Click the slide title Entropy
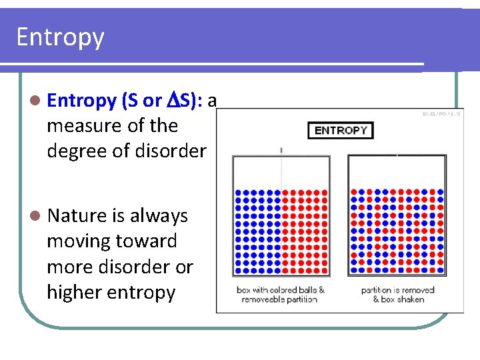(x=60, y=37)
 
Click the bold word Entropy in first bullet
(x=82, y=101)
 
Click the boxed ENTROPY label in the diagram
(x=340, y=130)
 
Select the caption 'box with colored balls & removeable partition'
(x=281, y=295)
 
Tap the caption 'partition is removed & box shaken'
(x=397, y=295)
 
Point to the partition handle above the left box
(x=281, y=150)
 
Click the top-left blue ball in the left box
(x=237, y=192)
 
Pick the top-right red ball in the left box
(x=325, y=192)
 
